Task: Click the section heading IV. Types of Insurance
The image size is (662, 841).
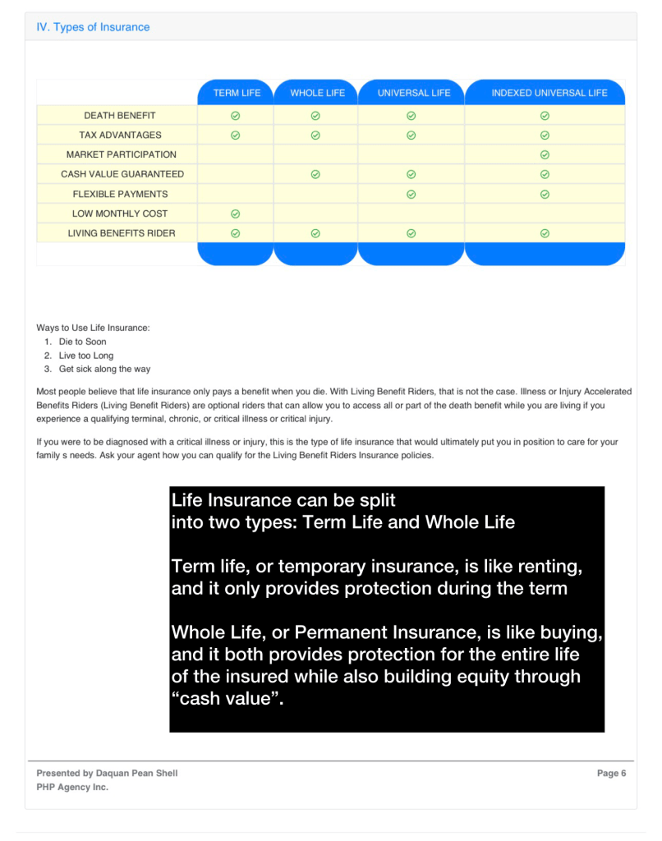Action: coord(93,27)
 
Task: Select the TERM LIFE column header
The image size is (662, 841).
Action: coord(237,93)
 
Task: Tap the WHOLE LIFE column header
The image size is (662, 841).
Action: coord(317,93)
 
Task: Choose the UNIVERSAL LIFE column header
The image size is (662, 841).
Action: coord(413,93)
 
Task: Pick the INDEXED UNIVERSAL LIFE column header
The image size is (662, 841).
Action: coord(549,93)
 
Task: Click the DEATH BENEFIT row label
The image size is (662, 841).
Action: coord(119,115)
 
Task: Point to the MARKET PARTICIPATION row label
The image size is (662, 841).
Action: coord(121,154)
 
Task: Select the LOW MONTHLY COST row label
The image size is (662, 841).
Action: coord(120,214)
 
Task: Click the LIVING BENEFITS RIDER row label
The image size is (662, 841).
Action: coord(121,233)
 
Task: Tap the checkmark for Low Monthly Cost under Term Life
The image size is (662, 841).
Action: coord(235,214)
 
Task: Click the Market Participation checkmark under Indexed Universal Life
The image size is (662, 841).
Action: coord(545,154)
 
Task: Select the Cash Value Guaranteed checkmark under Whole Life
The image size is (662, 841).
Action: coord(315,174)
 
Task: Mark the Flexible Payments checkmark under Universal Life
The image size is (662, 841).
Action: coord(411,194)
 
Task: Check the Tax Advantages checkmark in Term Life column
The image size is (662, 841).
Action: coord(235,135)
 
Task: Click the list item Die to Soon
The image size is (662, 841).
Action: coord(82,342)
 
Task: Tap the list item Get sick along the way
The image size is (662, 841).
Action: coord(104,369)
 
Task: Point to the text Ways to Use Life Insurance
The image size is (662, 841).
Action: coord(93,328)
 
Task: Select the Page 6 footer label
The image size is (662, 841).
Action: coord(611,773)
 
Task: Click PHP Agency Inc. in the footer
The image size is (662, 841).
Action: coord(72,787)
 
